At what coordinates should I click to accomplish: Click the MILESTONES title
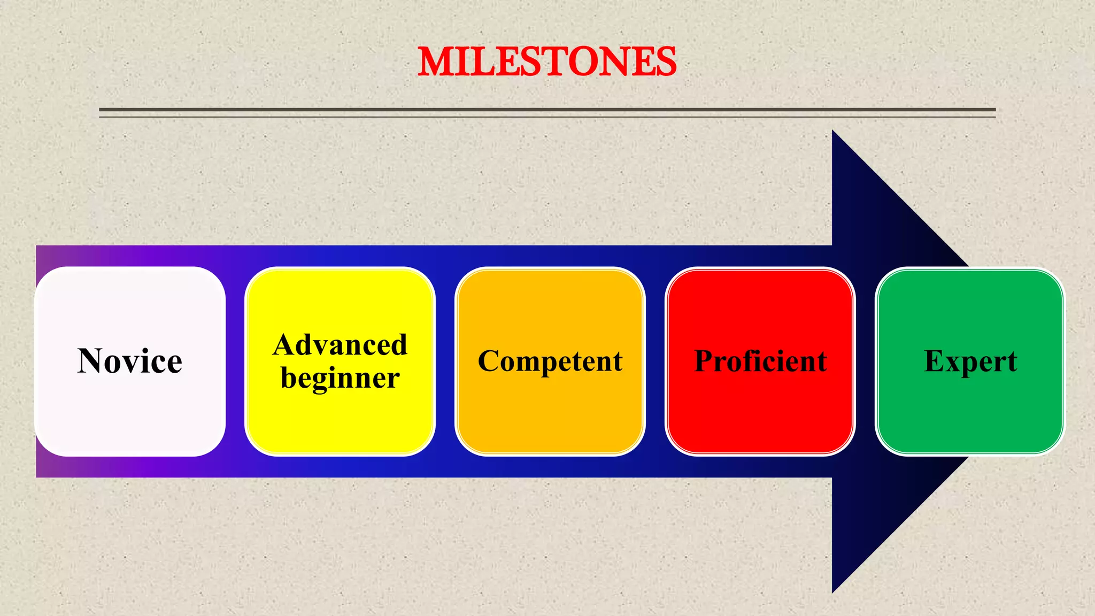(546, 61)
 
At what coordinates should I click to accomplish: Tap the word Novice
(130, 361)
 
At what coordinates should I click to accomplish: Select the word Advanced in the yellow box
(340, 345)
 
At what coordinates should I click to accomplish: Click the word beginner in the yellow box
(340, 379)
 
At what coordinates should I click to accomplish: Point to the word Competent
(550, 361)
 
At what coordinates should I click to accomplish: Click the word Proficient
(760, 361)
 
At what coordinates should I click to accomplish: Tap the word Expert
(970, 361)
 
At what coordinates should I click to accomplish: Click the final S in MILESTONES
(664, 62)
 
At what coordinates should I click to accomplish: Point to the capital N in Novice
(92, 361)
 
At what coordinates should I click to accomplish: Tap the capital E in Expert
(936, 361)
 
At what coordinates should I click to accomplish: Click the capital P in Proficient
(705, 361)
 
